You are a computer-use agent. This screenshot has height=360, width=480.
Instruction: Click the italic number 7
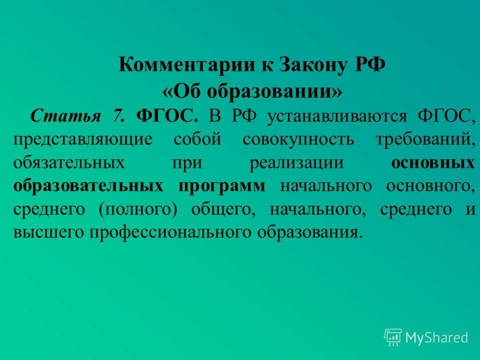[x=118, y=116]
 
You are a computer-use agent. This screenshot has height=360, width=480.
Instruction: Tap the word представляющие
[x=82, y=139]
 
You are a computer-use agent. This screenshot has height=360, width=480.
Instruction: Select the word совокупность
[x=298, y=139]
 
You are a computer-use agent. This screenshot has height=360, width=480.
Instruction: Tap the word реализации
[x=296, y=163]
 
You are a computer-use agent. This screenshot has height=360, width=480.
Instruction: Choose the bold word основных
[x=433, y=163]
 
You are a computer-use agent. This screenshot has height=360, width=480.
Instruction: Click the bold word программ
[x=222, y=186]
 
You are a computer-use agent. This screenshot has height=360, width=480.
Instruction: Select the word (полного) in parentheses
[x=138, y=209]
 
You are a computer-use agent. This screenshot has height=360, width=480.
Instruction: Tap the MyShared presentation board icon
[x=393, y=337]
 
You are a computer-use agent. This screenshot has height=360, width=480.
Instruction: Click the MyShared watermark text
[x=436, y=338]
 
